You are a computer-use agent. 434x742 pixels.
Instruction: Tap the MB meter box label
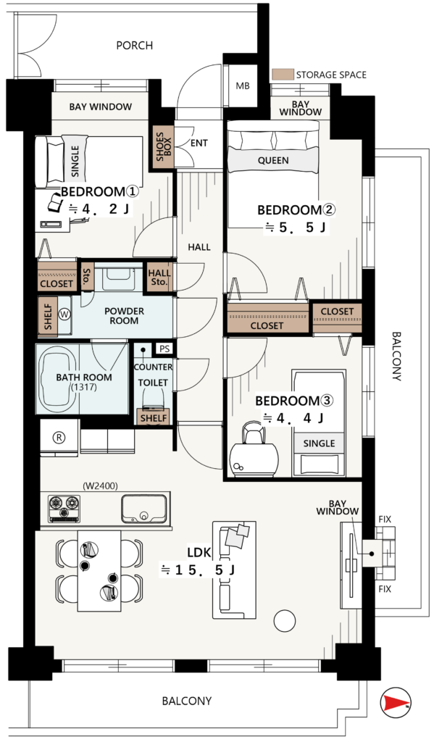click(x=243, y=86)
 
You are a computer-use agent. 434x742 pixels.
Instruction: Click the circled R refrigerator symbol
click(x=59, y=438)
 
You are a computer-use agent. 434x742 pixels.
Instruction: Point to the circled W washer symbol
click(x=64, y=313)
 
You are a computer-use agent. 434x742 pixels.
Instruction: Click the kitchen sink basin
click(x=144, y=509)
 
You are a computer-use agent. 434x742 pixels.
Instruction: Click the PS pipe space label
click(x=164, y=349)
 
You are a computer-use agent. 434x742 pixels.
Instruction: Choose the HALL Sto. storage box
click(x=159, y=278)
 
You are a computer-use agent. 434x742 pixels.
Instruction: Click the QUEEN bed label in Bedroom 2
click(x=273, y=161)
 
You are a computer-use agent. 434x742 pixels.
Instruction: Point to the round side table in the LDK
click(x=285, y=620)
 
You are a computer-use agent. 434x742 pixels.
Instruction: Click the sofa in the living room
click(x=234, y=570)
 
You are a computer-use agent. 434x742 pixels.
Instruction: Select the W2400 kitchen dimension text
click(x=100, y=485)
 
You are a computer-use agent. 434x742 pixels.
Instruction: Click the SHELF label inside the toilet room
click(x=154, y=418)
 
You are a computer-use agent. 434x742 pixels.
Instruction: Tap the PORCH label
click(x=135, y=46)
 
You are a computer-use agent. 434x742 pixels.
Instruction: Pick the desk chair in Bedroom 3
click(x=252, y=434)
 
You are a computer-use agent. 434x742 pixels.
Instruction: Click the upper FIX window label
click(x=385, y=519)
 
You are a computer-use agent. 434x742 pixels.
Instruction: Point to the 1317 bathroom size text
click(x=83, y=387)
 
